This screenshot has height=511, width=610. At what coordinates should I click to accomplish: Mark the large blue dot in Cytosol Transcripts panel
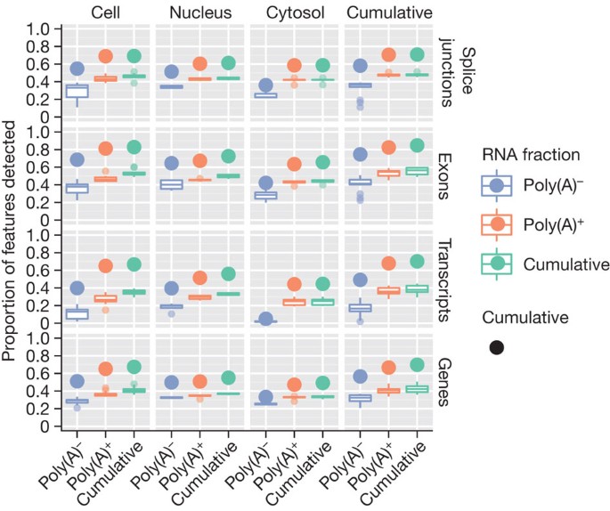[264, 319]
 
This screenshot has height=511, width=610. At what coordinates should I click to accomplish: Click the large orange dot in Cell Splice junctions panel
[106, 56]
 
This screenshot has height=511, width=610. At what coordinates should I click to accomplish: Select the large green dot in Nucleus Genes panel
[229, 377]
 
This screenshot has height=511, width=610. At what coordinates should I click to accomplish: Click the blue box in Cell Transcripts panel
[77, 313]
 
